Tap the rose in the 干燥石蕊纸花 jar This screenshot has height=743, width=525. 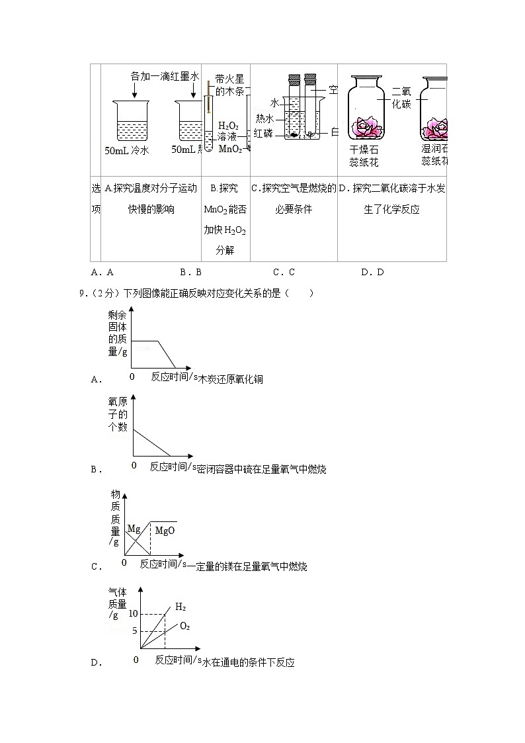[x=365, y=126]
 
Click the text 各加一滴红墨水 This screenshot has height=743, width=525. [x=165, y=76]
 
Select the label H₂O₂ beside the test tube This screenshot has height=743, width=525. [x=228, y=126]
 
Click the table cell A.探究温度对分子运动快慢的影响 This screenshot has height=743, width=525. [x=151, y=199]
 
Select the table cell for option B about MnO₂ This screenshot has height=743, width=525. [x=225, y=220]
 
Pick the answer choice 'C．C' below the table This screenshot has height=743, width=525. [x=283, y=271]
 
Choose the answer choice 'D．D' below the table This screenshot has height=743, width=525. [x=372, y=271]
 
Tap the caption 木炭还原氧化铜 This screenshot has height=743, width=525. [x=231, y=379]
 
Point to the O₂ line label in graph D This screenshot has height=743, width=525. [x=184, y=626]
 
